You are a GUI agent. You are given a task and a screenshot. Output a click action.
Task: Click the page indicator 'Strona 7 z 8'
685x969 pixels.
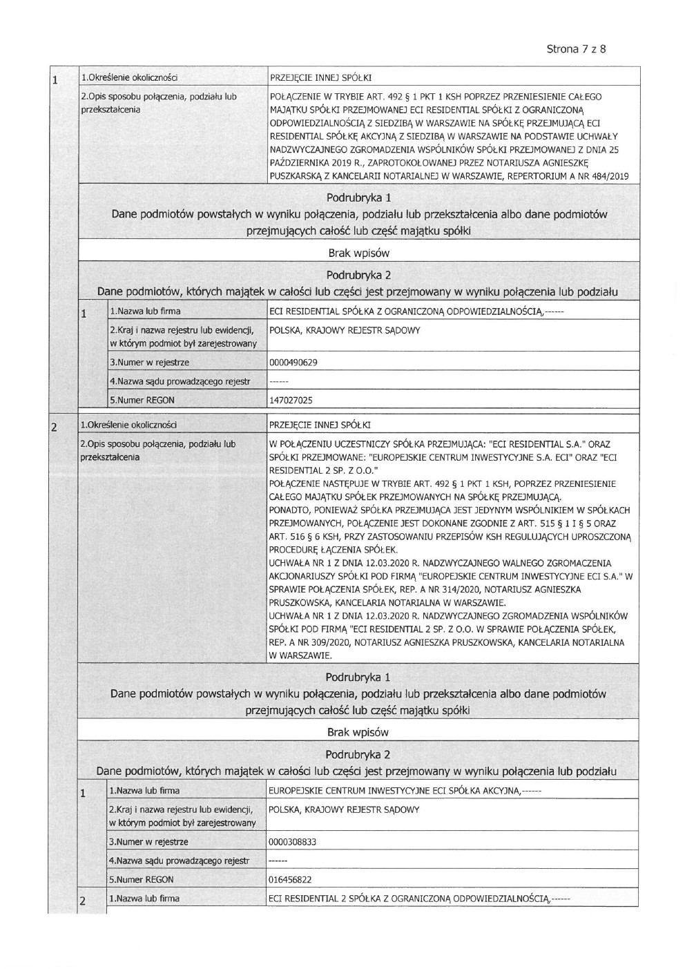click(x=576, y=49)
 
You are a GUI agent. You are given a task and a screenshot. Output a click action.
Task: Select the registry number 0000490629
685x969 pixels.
click(x=293, y=363)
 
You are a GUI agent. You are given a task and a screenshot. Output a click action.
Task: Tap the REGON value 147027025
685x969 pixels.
click(x=291, y=400)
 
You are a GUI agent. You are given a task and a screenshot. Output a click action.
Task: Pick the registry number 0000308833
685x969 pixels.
click(x=293, y=843)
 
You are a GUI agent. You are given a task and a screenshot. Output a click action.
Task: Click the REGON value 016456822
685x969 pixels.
click(x=291, y=880)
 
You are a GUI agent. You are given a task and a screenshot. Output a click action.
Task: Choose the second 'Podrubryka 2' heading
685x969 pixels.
click(x=358, y=754)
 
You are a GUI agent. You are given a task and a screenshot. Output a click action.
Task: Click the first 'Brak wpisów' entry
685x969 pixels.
click(x=358, y=253)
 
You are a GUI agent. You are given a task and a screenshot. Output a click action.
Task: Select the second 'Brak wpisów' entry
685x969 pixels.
click(x=358, y=731)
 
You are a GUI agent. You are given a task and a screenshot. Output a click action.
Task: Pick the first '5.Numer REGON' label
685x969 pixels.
click(x=142, y=400)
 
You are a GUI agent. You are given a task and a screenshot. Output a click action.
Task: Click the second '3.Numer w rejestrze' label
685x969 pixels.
click(x=149, y=843)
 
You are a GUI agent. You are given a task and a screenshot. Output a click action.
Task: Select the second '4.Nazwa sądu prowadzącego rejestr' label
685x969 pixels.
click(x=180, y=861)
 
